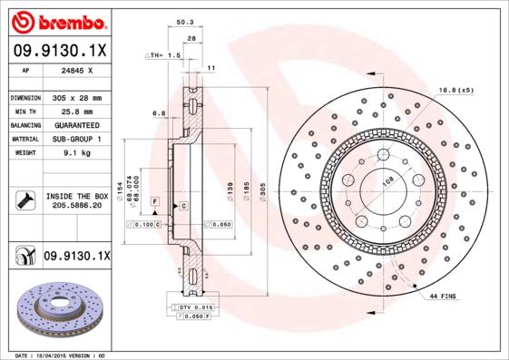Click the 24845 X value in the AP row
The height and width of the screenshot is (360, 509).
click(x=76, y=70)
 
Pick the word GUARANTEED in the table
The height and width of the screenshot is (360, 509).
click(x=78, y=125)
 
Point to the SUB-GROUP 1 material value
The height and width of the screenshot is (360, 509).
click(x=76, y=139)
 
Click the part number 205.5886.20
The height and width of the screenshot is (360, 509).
click(x=77, y=207)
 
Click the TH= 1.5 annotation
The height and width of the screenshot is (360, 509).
click(x=164, y=55)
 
